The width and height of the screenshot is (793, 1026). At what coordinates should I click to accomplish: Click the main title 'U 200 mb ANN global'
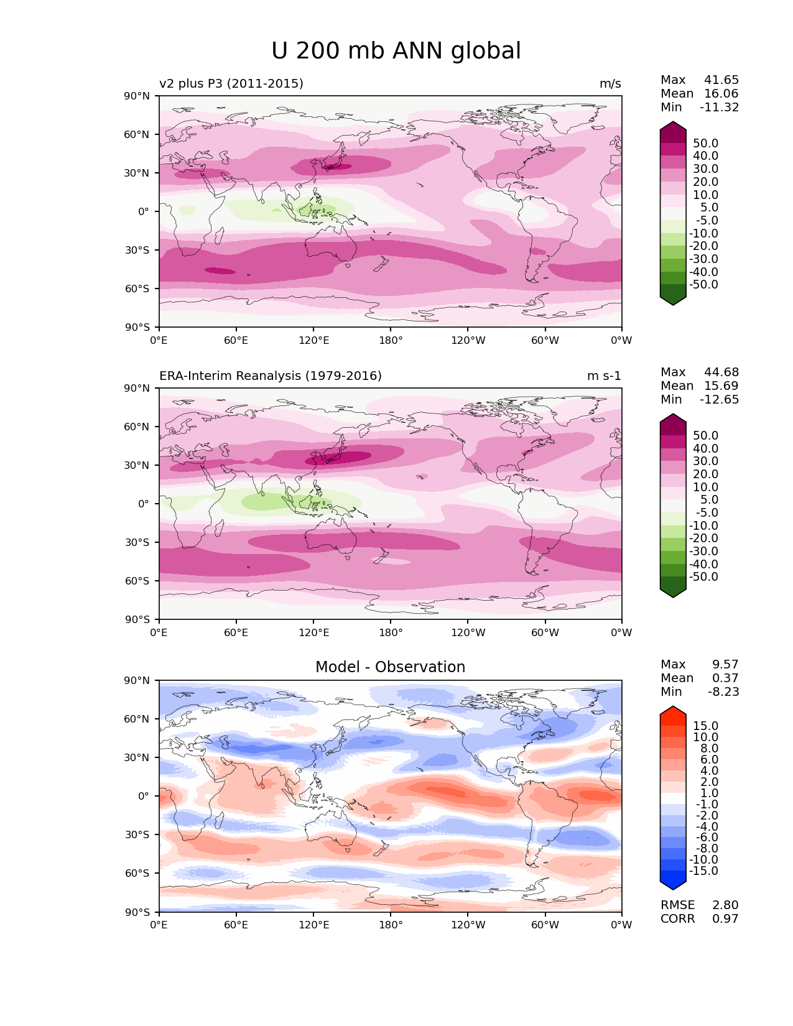click(x=396, y=51)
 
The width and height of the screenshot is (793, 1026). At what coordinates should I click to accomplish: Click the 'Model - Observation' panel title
click(x=390, y=667)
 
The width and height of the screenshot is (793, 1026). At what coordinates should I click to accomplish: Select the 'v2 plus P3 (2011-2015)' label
click(x=231, y=84)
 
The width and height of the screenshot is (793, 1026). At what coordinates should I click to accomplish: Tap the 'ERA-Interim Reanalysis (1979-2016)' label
click(x=271, y=376)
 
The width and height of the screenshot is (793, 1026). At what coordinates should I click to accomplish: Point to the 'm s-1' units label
click(x=604, y=376)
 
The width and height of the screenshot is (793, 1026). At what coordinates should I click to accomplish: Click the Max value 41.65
click(x=721, y=80)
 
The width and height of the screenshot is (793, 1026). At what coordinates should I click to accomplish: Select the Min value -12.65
click(x=720, y=400)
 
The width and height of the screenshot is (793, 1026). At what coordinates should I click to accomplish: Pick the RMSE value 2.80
click(x=725, y=905)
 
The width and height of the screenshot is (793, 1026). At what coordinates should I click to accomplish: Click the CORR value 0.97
click(x=725, y=919)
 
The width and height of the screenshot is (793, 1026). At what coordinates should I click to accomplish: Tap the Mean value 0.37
click(x=725, y=678)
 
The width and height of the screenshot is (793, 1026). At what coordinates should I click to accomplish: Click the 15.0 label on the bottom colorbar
click(x=706, y=726)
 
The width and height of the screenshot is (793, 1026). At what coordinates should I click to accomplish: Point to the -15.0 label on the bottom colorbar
click(x=703, y=871)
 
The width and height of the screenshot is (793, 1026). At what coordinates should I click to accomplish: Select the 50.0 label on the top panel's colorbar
click(x=706, y=144)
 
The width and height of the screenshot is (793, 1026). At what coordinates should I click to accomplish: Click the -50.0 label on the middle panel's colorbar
click(x=703, y=577)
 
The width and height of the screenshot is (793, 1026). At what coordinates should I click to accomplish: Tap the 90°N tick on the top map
click(x=137, y=96)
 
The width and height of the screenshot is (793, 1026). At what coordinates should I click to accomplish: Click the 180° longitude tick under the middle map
click(x=391, y=633)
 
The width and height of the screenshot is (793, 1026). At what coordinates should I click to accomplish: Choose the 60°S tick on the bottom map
click(x=137, y=873)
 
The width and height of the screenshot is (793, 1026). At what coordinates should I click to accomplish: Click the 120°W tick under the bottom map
click(x=468, y=925)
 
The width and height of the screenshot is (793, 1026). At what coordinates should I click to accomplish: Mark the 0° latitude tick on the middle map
click(x=144, y=504)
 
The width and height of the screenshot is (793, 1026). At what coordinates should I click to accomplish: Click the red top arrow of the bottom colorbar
click(x=673, y=713)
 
